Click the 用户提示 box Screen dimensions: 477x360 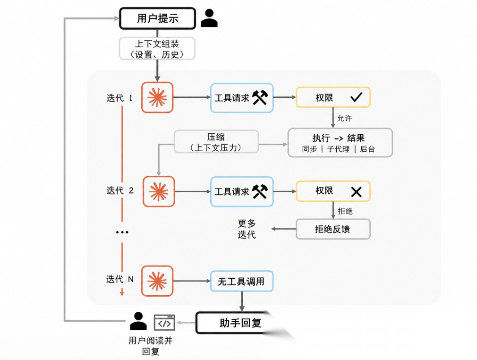pos(157,18)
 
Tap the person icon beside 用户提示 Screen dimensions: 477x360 pos(209,18)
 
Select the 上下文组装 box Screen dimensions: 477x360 pos(157,48)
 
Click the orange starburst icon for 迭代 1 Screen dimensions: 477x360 pos(157,97)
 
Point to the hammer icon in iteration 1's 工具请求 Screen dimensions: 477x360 pos(260,97)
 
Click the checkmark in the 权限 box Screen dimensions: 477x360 pos(356,97)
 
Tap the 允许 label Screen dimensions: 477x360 pos(345,118)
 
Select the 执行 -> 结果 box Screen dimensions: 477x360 pos(340,143)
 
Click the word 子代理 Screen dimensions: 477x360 pos(338,149)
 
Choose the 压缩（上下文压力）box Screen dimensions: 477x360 pos(216,142)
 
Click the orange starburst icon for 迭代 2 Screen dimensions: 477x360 pos(159,191)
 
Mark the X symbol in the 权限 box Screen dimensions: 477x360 pos(356,192)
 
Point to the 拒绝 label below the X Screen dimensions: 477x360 pos(345,211)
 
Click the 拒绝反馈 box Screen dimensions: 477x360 pos(333,229)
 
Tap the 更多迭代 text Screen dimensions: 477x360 pos(247,229)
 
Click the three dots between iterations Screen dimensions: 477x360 pos(122,232)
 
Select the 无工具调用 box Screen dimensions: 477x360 pos(241,281)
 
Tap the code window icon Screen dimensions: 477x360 pos(164,322)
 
